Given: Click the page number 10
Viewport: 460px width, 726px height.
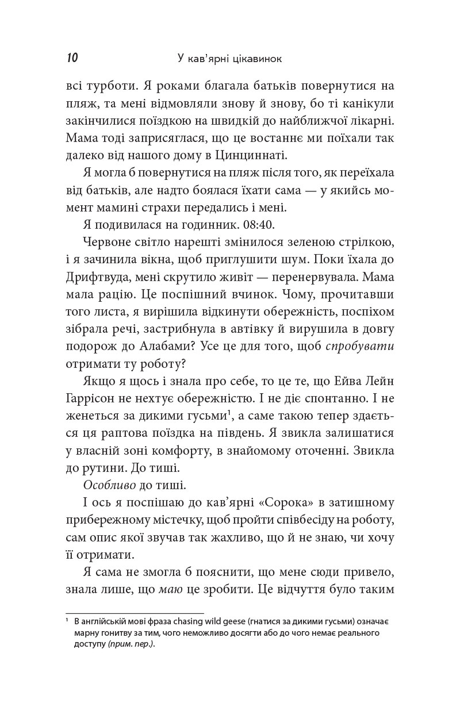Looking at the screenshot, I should [72, 58].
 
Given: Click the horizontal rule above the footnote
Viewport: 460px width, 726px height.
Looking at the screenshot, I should [135, 613].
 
